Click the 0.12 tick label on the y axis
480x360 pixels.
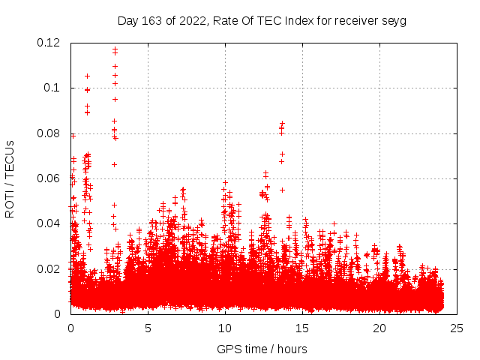[49, 43]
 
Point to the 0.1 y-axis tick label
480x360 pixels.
[52, 88]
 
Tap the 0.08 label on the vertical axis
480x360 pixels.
[49, 133]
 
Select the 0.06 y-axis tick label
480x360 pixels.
[49, 178]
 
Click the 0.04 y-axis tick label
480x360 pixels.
[49, 223]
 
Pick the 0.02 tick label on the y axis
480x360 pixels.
[49, 268]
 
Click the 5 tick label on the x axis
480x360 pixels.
[148, 328]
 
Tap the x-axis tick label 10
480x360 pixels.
[225, 328]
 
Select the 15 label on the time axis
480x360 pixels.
[302, 328]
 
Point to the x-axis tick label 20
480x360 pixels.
[379, 328]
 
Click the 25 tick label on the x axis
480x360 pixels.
[457, 328]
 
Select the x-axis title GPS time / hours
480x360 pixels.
[262, 349]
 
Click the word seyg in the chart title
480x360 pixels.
[392, 20]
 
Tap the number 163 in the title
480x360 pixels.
[152, 20]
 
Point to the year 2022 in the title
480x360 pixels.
[192, 20]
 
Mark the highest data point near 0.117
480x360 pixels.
[115, 49]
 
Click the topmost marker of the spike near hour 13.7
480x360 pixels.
[282, 123]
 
